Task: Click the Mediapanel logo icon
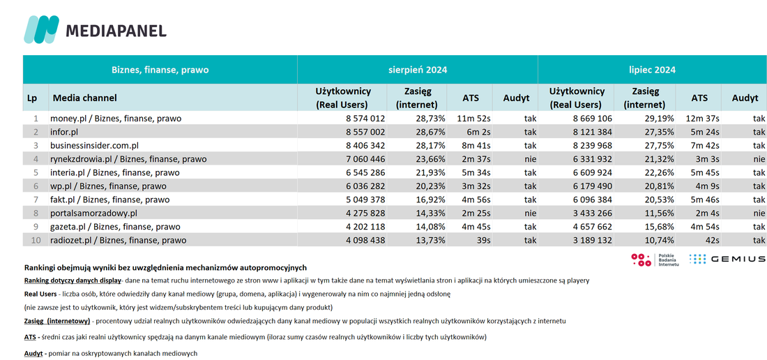pos(42,29)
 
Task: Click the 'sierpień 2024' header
pos(417,70)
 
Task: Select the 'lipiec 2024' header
pos(652,70)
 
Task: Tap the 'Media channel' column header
pos(84,98)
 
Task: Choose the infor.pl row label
pos(66,132)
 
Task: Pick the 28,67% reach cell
pos(429,132)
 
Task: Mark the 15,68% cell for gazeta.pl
pos(658,227)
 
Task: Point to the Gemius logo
pos(727,260)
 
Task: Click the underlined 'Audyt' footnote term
pos(33,353)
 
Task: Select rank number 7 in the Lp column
pos(36,200)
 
